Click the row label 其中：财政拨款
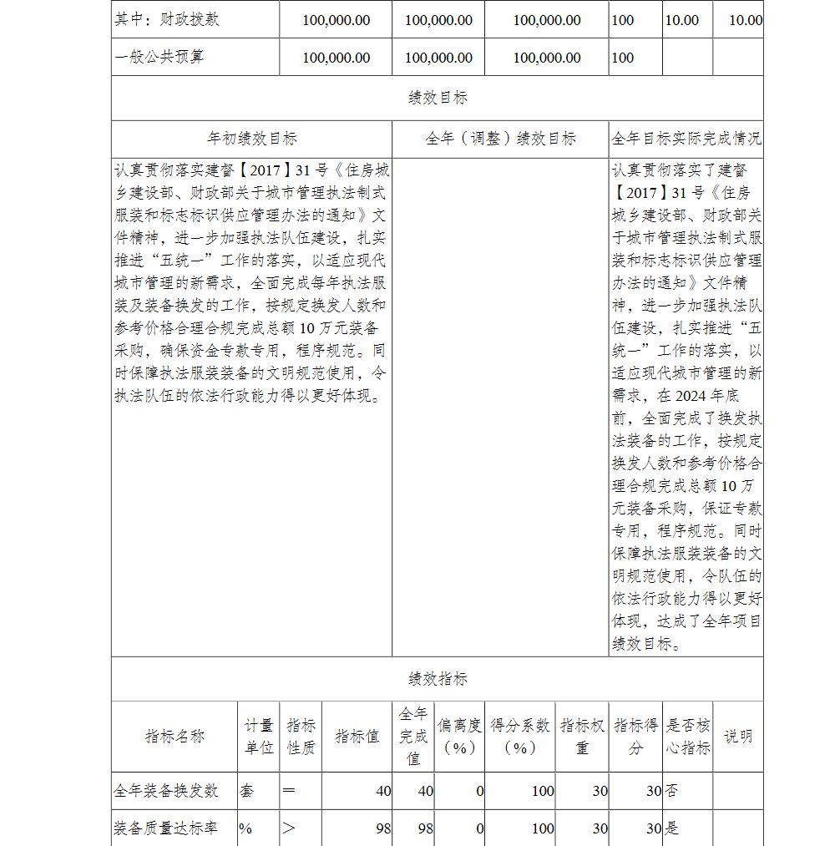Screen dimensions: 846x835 pyautogui.click(x=167, y=19)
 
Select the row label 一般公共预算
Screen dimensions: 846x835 pyautogui.click(x=159, y=58)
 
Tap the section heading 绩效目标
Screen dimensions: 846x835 pyautogui.click(x=438, y=98)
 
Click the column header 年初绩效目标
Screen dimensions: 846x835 pyautogui.click(x=251, y=139)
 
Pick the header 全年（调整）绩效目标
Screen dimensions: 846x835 pyautogui.click(x=500, y=139)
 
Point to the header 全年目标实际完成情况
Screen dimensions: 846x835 pyautogui.click(x=686, y=139)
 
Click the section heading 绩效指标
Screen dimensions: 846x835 pyautogui.click(x=438, y=679)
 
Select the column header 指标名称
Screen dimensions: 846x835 pyautogui.click(x=175, y=737)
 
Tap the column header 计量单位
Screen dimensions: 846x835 pyautogui.click(x=259, y=737)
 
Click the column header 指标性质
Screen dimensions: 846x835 pyautogui.click(x=301, y=737)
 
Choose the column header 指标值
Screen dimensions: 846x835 pyautogui.click(x=357, y=737)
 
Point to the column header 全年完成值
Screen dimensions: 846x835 pyautogui.click(x=413, y=737)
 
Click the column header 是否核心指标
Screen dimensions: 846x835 pyautogui.click(x=688, y=737)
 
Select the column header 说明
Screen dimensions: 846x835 pyautogui.click(x=737, y=737)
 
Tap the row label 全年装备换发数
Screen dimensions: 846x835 pyautogui.click(x=166, y=791)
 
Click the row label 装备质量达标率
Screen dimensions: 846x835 pyautogui.click(x=166, y=828)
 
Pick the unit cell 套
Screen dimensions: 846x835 pyautogui.click(x=247, y=791)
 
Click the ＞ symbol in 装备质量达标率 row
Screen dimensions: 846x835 pyautogui.click(x=289, y=828)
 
